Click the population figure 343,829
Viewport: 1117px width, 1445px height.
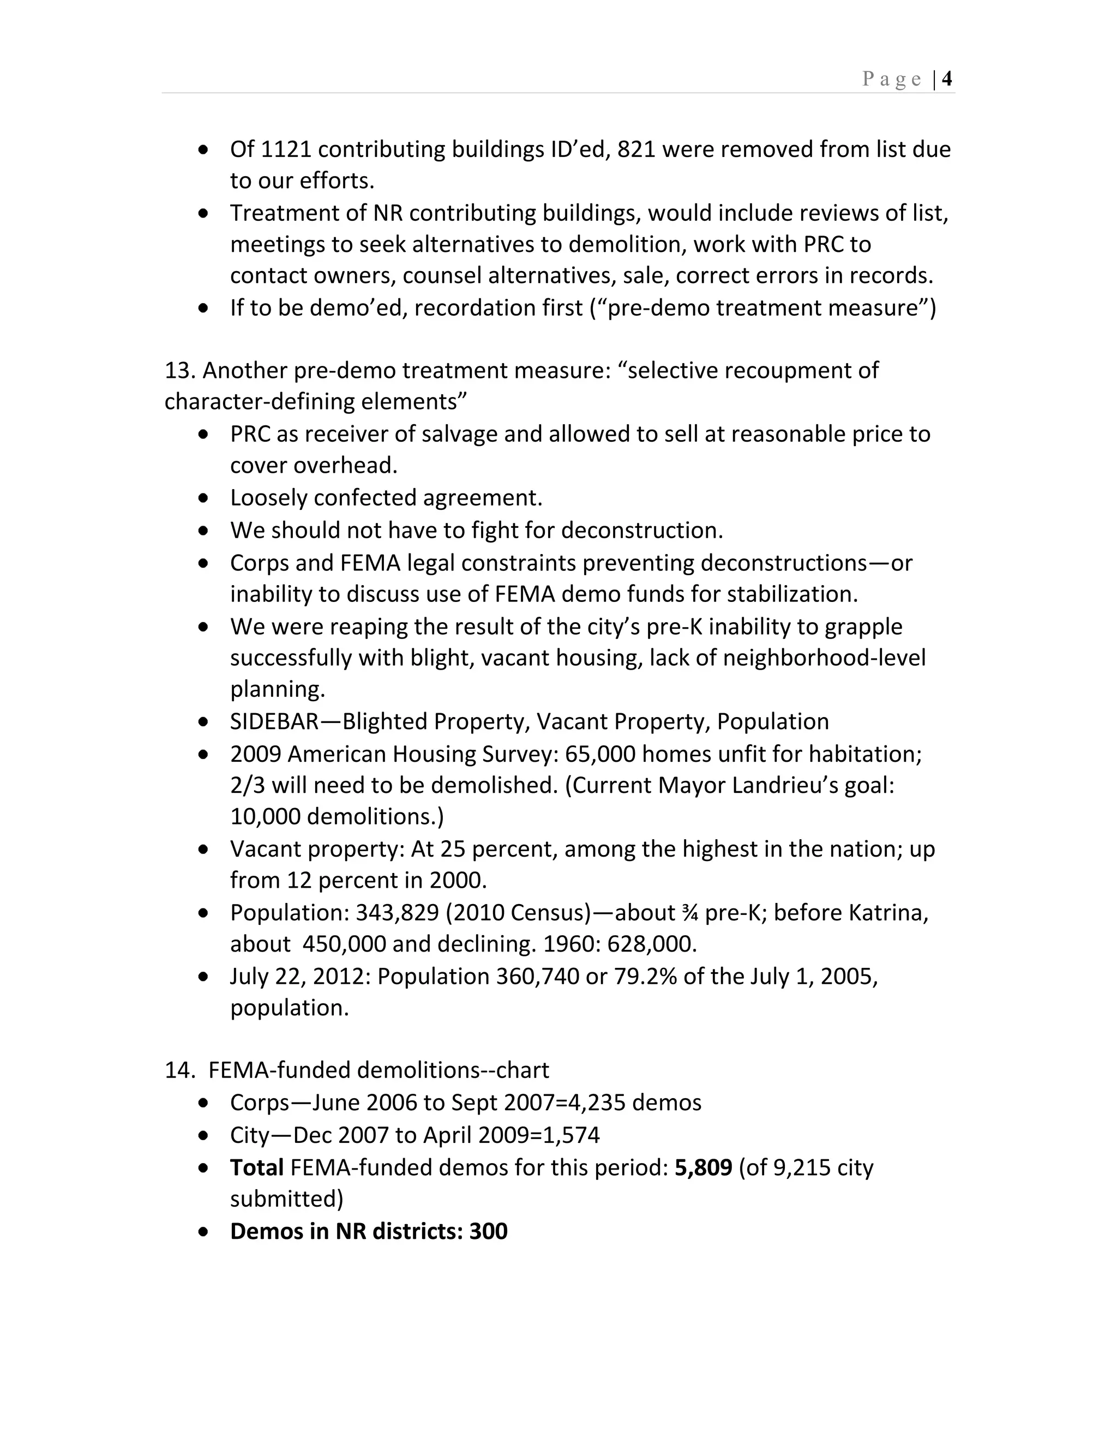click(397, 913)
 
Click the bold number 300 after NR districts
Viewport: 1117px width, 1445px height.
click(488, 1231)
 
